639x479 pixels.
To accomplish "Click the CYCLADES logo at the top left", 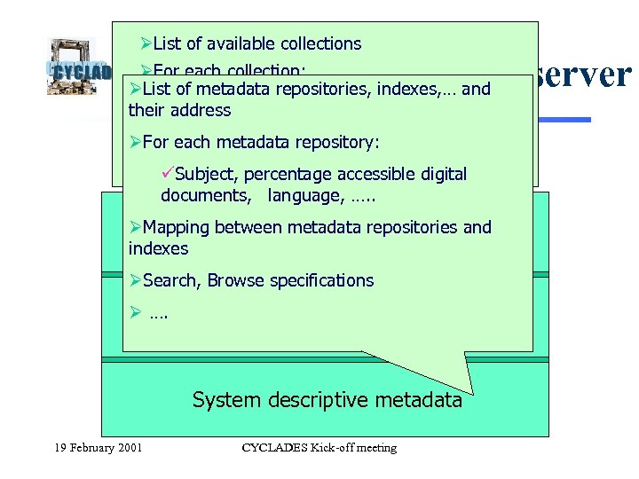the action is (78, 66).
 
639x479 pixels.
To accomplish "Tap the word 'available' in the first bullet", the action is (239, 43).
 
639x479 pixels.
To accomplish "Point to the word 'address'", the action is (203, 111).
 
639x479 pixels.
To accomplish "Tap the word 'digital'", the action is (438, 174).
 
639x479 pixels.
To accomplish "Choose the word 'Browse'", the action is (237, 280).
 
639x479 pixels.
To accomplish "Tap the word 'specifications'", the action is (322, 280).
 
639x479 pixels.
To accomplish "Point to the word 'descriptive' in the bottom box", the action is (318, 400).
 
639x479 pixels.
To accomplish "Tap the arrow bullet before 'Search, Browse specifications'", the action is (135, 280).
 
